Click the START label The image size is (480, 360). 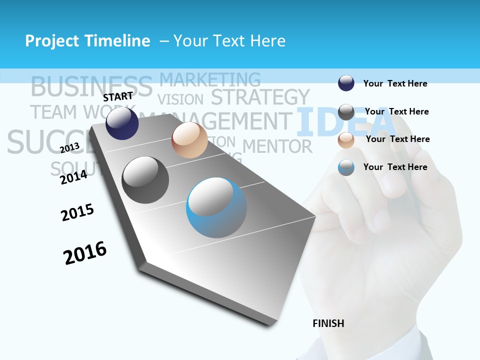[x=118, y=96]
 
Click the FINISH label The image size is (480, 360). [x=328, y=323]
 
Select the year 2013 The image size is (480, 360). [x=69, y=147]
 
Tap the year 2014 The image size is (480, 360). [x=73, y=177]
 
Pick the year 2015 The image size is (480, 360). [x=77, y=212]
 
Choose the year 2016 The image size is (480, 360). [x=85, y=253]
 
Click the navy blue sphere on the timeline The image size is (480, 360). [x=122, y=123]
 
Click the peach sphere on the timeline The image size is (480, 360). [x=189, y=140]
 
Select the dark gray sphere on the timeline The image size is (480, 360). [x=145, y=179]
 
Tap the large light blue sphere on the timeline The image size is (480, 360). [x=216, y=207]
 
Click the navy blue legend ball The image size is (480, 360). [x=346, y=83]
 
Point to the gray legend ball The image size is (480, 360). [x=346, y=111]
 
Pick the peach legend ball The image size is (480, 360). [x=346, y=139]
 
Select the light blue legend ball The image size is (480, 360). [x=346, y=167]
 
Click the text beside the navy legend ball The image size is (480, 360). [x=395, y=83]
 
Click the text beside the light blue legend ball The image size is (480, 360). [x=395, y=167]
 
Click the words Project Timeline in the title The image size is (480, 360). [x=87, y=41]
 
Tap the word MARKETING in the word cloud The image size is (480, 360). [x=210, y=79]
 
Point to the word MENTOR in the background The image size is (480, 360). [x=277, y=146]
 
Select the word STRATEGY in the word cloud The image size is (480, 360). [x=260, y=97]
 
